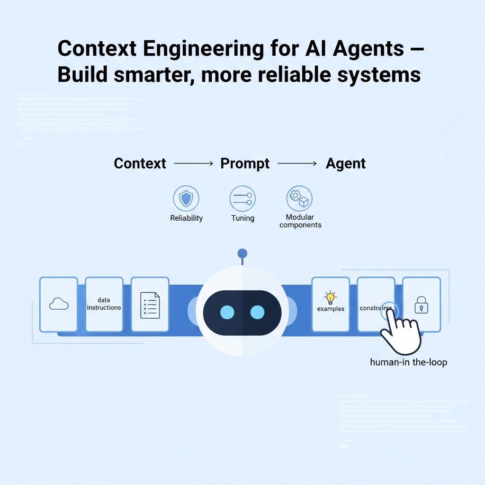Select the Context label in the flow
click(x=140, y=164)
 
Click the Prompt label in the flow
click(x=245, y=164)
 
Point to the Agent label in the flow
click(x=346, y=164)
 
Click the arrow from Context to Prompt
click(x=193, y=164)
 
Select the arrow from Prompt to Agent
click(x=297, y=164)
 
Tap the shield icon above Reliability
click(x=186, y=198)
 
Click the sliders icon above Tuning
click(x=242, y=198)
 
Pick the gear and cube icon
click(x=299, y=198)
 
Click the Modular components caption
click(x=300, y=221)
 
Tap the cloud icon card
click(x=59, y=304)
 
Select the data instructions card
click(x=104, y=304)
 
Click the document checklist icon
click(x=150, y=305)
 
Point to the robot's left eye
click(x=227, y=313)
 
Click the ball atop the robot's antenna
click(x=242, y=253)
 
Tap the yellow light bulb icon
click(x=330, y=298)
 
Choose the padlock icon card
click(x=422, y=305)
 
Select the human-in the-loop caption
click(x=408, y=363)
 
